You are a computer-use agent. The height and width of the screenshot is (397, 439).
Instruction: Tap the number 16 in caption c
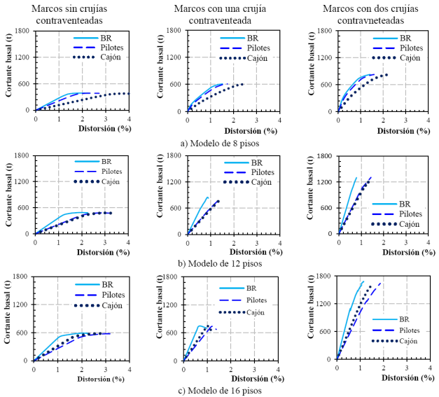click(x=235, y=391)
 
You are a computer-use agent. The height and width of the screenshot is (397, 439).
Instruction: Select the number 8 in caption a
click(x=232, y=143)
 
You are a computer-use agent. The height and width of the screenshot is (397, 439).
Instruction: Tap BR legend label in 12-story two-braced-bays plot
click(x=403, y=204)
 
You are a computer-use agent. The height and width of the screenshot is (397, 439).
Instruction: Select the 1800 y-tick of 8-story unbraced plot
click(x=22, y=32)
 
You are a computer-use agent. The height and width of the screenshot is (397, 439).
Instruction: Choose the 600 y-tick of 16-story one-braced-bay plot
click(x=172, y=332)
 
